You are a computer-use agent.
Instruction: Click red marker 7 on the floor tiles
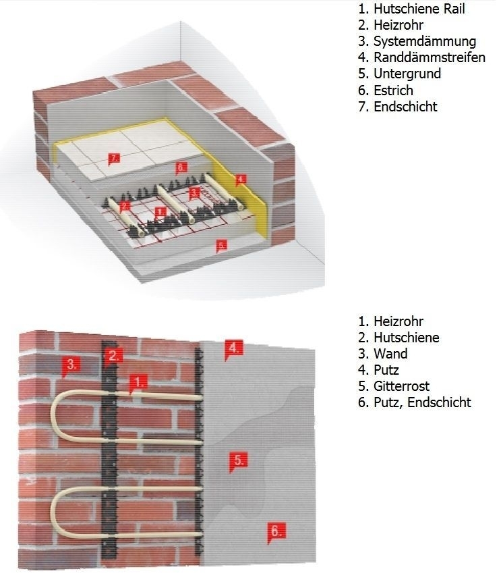114,159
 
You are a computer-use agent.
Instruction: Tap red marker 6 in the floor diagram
180,167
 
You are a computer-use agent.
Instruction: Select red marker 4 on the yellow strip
241,180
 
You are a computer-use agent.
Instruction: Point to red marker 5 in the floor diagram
221,245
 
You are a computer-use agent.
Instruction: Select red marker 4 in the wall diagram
233,348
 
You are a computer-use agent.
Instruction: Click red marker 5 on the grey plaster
237,461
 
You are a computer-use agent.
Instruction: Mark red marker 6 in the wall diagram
274,531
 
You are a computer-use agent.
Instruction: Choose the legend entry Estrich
393,90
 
